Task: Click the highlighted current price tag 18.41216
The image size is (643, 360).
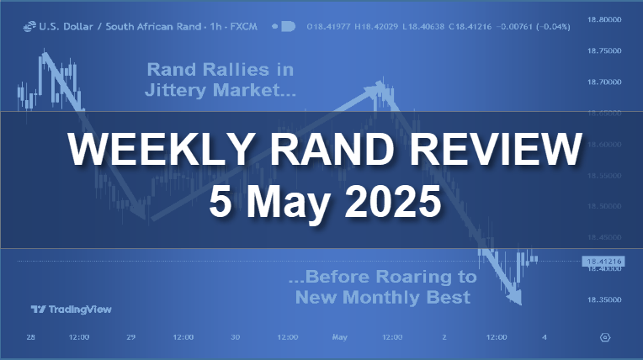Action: (603, 262)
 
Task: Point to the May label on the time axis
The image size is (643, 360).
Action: (339, 337)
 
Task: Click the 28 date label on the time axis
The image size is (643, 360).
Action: (30, 337)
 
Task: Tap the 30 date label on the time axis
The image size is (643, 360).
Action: (236, 337)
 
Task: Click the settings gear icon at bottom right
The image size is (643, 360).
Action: (605, 337)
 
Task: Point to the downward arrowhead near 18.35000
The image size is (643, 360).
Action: (515, 297)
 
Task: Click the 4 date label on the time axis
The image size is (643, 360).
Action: (545, 337)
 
